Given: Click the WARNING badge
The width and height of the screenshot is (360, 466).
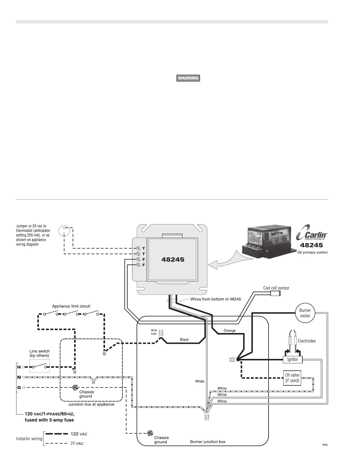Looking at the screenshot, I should (x=188, y=78).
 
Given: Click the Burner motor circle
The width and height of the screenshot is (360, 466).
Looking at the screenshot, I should (x=305, y=313).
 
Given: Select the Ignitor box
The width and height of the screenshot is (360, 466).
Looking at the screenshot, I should (x=292, y=359).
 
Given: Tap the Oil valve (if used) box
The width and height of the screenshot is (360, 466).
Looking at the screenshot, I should (x=292, y=378).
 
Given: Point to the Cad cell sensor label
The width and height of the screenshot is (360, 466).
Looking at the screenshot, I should (x=276, y=288).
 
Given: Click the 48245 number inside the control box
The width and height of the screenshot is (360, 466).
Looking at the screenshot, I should (x=173, y=259).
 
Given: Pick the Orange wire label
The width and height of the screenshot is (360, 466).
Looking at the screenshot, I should (x=229, y=330).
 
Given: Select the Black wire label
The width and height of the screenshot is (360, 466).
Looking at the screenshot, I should (x=184, y=339).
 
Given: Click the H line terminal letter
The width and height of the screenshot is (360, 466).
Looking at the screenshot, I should (x=19, y=367).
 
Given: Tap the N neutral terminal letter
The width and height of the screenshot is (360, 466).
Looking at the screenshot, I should (x=19, y=377).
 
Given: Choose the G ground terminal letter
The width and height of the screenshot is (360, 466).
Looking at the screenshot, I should (x=19, y=387).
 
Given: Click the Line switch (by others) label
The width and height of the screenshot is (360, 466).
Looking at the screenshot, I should (x=39, y=353).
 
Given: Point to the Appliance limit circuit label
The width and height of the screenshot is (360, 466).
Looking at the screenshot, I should (x=71, y=306).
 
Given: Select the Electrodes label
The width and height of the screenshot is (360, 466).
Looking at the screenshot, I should (x=306, y=341).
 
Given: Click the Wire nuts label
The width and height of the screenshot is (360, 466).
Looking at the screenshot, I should (x=154, y=332).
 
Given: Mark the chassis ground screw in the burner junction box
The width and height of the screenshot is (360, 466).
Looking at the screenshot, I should (x=150, y=433).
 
